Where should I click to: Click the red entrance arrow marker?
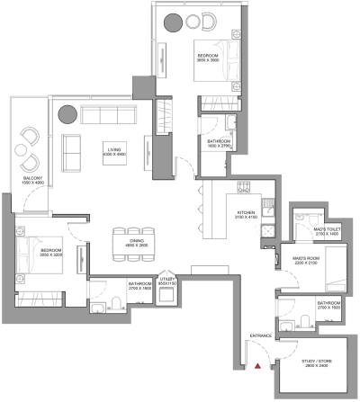(258, 367)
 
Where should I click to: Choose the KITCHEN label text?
(222, 212)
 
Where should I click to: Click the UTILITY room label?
(166, 281)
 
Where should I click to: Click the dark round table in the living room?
(67, 114)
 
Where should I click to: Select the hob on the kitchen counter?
(244, 186)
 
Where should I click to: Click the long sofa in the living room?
(105, 114)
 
